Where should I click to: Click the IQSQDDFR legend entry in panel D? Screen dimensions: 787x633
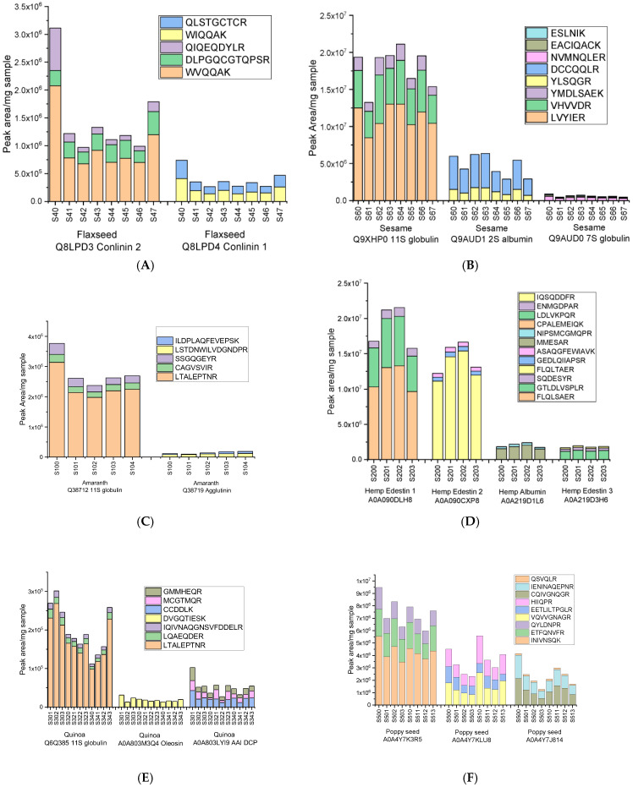[x=570, y=298]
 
